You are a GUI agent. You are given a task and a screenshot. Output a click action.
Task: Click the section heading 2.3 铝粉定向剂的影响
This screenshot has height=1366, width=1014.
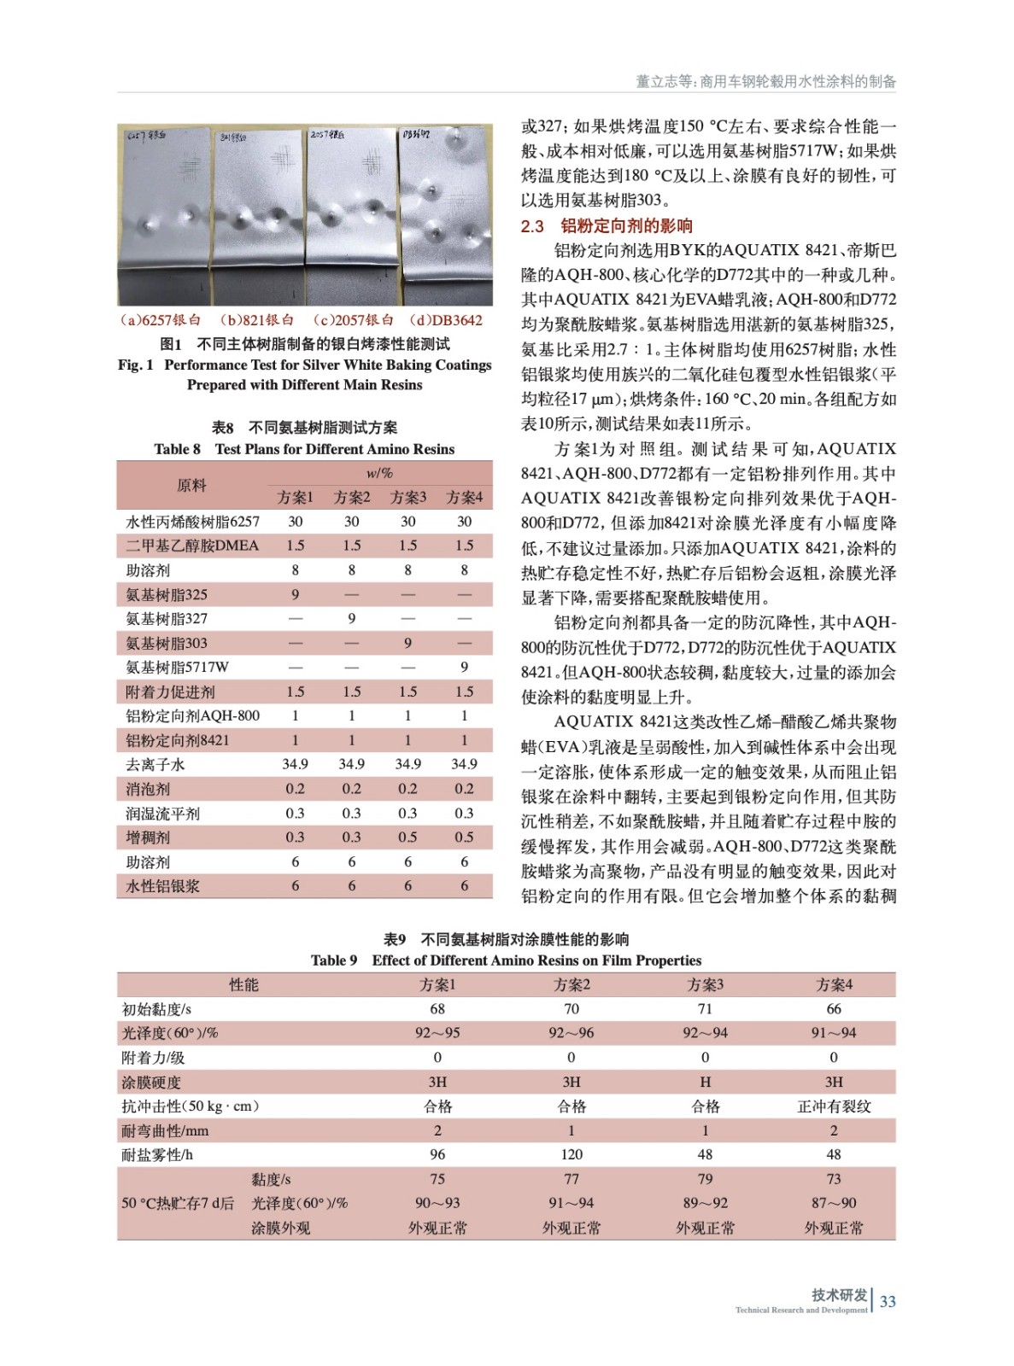pyautogui.click(x=607, y=226)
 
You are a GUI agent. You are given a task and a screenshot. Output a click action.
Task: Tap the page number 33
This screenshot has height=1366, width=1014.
pyautogui.click(x=888, y=1301)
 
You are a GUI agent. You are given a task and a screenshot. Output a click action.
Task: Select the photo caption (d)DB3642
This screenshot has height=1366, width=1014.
pyautogui.click(x=446, y=320)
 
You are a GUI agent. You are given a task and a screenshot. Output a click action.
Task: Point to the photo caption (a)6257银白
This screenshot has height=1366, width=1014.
pyautogui.click(x=161, y=320)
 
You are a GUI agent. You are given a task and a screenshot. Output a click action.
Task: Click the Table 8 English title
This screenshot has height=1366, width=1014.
pyautogui.click(x=304, y=449)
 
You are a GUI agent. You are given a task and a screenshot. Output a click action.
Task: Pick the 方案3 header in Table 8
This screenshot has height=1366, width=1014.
pyautogui.click(x=407, y=497)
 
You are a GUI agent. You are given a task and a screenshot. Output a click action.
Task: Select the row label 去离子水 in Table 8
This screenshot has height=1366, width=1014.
pyautogui.click(x=155, y=764)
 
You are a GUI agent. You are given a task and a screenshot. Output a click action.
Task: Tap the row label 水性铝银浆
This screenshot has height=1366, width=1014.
pyautogui.click(x=162, y=886)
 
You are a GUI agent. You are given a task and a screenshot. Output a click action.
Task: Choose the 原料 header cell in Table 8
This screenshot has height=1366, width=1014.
pyautogui.click(x=191, y=485)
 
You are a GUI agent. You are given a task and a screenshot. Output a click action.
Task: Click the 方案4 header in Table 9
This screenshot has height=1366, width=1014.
pyautogui.click(x=834, y=984)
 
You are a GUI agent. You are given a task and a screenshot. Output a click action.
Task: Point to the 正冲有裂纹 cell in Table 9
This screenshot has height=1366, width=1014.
pyautogui.click(x=834, y=1106)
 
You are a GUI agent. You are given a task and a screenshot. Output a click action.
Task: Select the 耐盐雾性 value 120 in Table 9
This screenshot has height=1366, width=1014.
pyautogui.click(x=571, y=1154)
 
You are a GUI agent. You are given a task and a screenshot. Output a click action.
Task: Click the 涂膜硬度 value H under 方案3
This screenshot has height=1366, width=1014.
pyautogui.click(x=705, y=1082)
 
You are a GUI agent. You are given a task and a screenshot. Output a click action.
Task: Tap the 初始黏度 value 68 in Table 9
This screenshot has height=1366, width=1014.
pyautogui.click(x=437, y=1009)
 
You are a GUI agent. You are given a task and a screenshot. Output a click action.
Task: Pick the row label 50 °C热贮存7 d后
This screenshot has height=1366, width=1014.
pyautogui.click(x=177, y=1203)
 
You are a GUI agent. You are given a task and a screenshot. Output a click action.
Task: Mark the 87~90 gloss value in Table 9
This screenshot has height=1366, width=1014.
pyautogui.click(x=834, y=1203)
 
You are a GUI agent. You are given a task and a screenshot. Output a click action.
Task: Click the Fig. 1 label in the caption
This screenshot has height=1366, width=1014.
pyautogui.click(x=137, y=365)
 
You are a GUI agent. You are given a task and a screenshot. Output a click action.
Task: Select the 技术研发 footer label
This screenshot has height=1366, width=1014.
pyautogui.click(x=839, y=1294)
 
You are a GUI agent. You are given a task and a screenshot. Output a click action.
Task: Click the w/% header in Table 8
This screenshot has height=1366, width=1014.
pyautogui.click(x=379, y=473)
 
